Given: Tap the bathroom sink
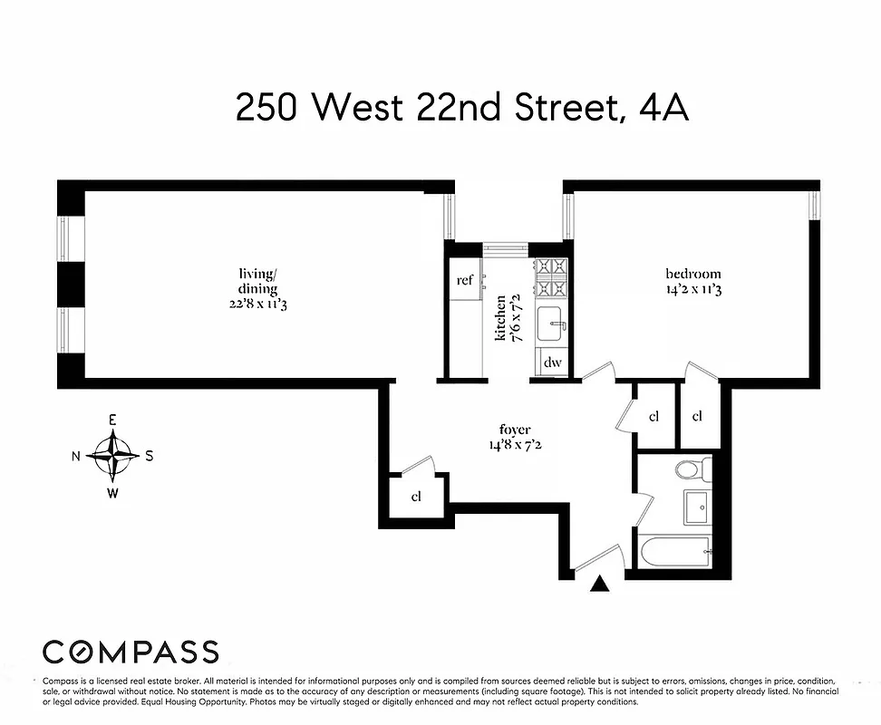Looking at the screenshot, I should click(697, 507).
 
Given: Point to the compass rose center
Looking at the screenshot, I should click(113, 455).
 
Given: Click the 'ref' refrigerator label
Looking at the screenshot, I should click(464, 280).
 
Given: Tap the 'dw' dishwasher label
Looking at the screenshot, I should click(552, 362).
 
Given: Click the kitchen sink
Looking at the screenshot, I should click(551, 324).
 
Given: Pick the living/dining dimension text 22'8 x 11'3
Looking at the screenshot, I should click(264, 304).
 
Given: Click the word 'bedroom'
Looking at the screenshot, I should click(692, 274).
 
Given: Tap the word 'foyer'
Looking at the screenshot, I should click(514, 429).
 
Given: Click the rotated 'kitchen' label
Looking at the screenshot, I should click(499, 317).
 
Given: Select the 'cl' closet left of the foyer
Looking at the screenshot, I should click(416, 497).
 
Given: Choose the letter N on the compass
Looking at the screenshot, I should click(76, 456).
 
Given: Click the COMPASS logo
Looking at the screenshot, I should click(131, 651).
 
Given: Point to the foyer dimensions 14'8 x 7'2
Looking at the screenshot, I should click(514, 445).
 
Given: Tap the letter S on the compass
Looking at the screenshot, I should click(149, 456).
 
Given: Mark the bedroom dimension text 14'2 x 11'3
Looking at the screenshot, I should click(692, 290).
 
